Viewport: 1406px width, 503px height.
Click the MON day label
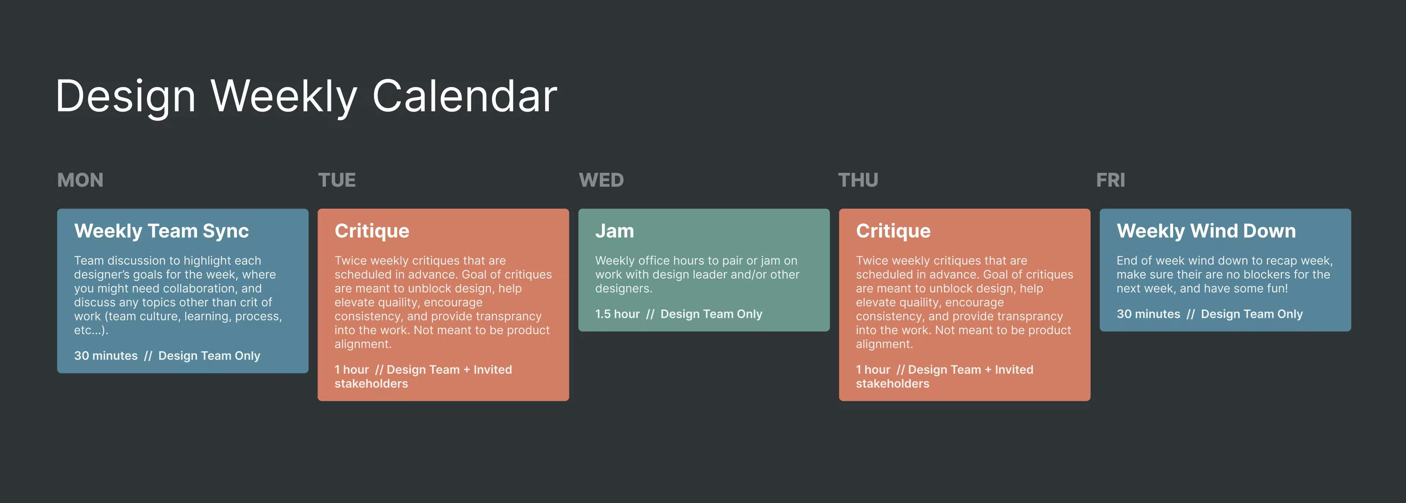[x=80, y=180]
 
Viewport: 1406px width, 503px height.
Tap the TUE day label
[x=337, y=180]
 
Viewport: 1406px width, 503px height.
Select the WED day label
[x=601, y=180]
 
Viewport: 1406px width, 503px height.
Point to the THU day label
[x=858, y=180]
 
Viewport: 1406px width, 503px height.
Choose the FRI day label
[x=1111, y=180]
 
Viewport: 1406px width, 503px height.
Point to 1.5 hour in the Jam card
[x=617, y=314]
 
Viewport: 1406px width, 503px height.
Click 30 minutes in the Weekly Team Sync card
[x=106, y=356]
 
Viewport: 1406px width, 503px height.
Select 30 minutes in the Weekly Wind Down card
[x=1148, y=314]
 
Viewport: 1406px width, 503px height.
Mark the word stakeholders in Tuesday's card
[x=371, y=384]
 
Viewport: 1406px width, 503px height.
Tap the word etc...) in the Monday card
[x=91, y=331]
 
